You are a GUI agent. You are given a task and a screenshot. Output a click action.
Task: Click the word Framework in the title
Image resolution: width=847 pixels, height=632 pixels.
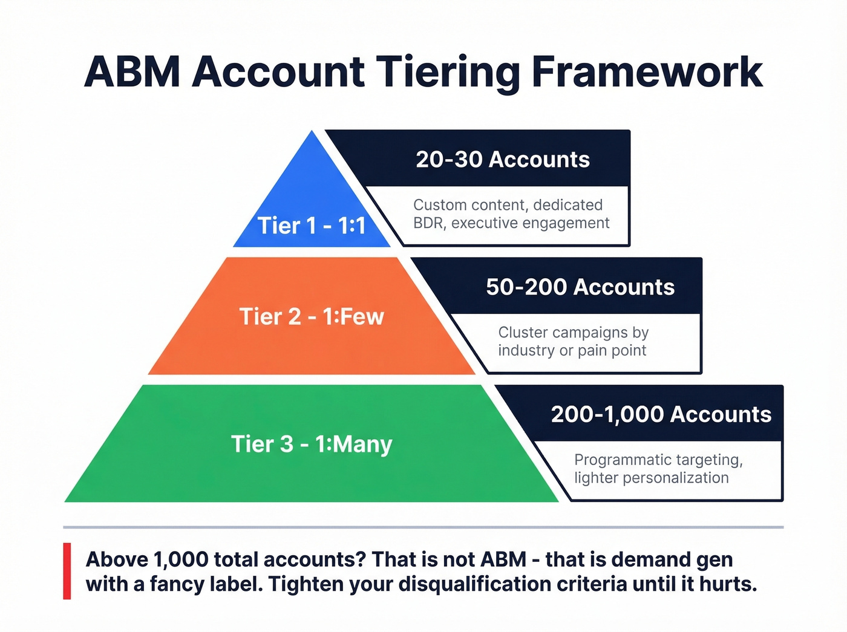coord(647,73)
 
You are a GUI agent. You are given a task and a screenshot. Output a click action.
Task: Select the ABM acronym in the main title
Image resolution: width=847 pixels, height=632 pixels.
coord(132,73)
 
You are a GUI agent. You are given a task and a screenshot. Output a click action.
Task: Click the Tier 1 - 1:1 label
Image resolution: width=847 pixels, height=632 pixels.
coord(312,226)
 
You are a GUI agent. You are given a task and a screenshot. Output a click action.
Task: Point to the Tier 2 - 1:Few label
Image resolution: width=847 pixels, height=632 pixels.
coord(312,316)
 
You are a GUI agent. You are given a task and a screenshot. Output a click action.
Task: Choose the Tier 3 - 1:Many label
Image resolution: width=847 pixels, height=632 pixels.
coord(312,444)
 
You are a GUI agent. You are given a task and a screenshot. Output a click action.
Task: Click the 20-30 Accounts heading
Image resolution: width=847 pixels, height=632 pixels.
coord(503,159)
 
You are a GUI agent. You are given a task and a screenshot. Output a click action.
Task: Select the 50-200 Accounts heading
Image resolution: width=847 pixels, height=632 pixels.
coord(580,287)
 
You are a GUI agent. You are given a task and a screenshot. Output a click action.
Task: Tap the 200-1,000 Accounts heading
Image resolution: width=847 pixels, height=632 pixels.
coord(661,414)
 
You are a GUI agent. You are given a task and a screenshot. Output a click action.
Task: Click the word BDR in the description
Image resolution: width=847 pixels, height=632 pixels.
coord(428,223)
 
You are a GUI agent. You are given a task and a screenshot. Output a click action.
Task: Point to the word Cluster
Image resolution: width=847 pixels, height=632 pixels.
coord(523,333)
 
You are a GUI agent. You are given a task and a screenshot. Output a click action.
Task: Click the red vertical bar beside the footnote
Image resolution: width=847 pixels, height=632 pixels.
coord(67,571)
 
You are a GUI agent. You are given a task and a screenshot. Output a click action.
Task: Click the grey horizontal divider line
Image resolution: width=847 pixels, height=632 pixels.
coord(423,527)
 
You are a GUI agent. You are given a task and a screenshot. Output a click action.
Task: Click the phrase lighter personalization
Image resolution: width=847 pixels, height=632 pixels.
coord(651,478)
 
